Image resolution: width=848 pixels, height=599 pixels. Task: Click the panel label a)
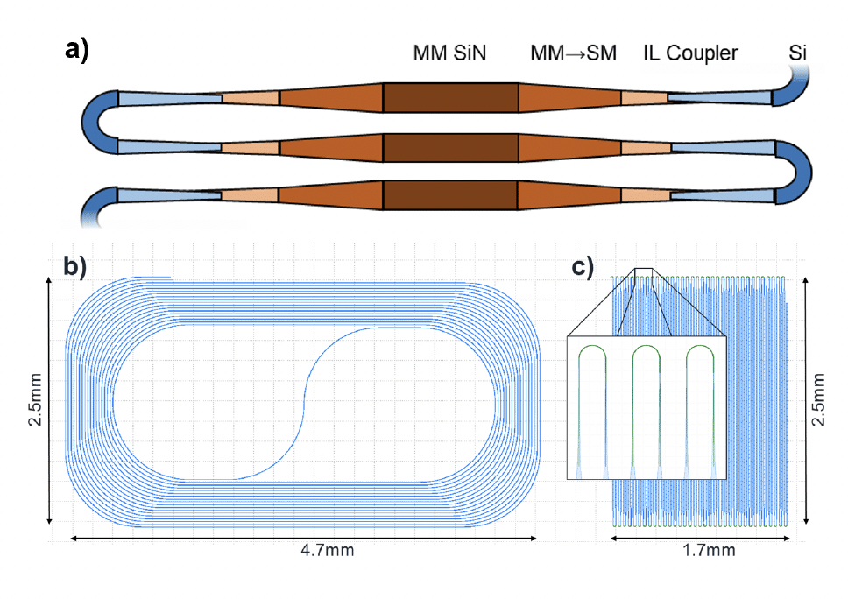(77, 50)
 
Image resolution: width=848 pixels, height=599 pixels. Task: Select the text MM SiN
(449, 53)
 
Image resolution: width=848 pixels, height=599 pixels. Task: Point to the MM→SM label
(573, 53)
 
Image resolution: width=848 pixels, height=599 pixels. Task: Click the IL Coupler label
(690, 53)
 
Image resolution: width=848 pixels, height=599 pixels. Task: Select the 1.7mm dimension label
(708, 551)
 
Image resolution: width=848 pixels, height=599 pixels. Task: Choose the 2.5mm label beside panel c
(818, 398)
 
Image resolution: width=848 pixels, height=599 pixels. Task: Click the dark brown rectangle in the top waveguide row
(449, 98)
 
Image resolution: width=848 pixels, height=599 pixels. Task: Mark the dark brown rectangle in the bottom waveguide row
(449, 195)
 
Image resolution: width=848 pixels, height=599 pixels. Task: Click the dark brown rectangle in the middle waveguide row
(449, 147)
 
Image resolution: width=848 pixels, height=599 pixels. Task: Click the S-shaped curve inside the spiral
(302, 403)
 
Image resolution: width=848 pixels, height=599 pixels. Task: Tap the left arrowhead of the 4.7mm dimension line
(74, 538)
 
